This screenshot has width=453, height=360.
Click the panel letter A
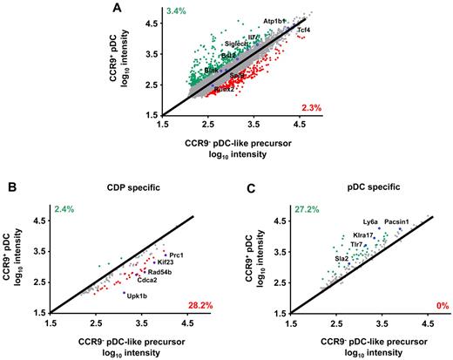[118, 8]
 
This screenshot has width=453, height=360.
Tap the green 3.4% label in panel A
[177, 11]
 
